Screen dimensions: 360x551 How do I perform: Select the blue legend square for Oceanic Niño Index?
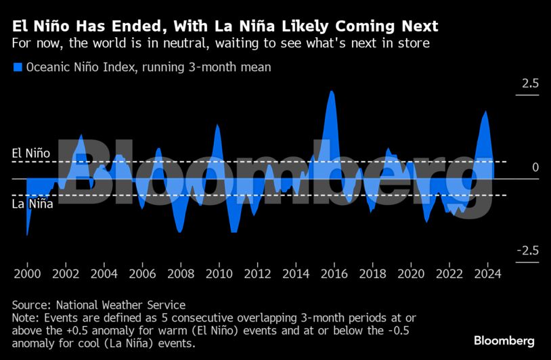tap(18, 67)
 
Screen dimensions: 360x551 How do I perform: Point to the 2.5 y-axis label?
tap(529, 85)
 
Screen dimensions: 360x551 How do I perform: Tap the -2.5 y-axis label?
tap(527, 251)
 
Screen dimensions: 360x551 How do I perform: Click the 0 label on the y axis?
tap(535, 167)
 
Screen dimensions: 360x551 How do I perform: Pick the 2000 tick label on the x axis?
tap(27, 274)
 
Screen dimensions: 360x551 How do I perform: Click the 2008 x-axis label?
tap(181, 274)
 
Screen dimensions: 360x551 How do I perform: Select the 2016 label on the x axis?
tap(334, 274)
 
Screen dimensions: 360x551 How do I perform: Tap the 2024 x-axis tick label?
tap(488, 274)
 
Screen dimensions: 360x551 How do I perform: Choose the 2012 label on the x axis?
tap(258, 274)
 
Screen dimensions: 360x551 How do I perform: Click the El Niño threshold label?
tap(31, 154)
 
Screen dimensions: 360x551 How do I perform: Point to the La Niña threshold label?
tap(32, 203)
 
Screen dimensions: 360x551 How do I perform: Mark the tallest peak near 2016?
tap(332, 92)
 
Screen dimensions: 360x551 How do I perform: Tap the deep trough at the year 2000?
tap(27, 234)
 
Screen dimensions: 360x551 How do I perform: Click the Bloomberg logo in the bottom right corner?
tap(504, 340)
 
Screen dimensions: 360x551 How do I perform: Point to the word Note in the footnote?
tap(24, 318)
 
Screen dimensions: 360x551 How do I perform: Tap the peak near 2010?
tap(217, 125)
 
